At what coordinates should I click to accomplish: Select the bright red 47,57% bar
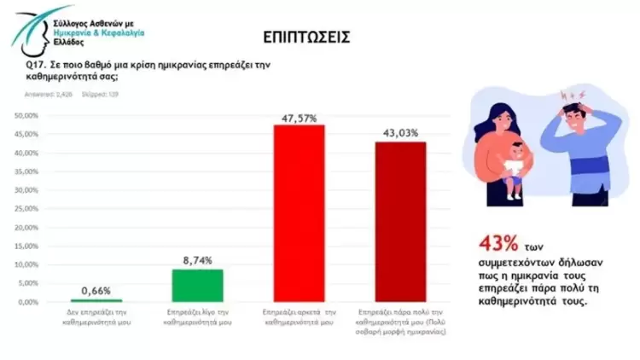[x=298, y=213]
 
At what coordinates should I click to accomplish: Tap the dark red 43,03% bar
[x=401, y=222]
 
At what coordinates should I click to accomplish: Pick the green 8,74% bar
[x=197, y=285]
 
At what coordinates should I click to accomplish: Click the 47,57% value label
[x=298, y=118]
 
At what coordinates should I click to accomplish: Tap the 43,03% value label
[x=401, y=134]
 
